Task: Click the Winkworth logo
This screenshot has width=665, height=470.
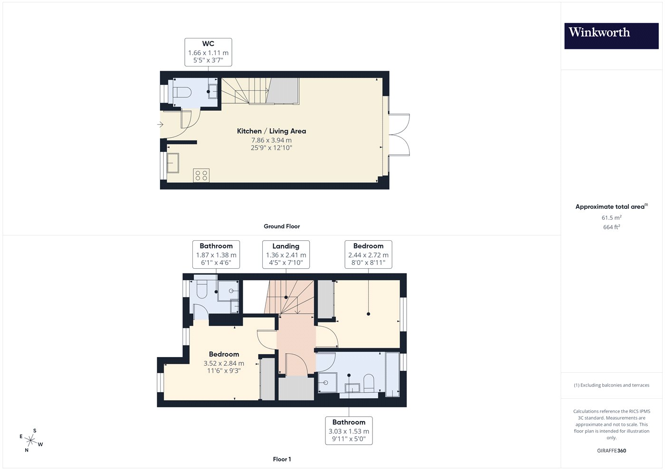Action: (x=611, y=36)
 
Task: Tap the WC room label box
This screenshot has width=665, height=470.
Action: (x=208, y=52)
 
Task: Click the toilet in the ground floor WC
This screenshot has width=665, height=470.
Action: (x=181, y=92)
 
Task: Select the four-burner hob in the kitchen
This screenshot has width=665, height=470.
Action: (x=201, y=175)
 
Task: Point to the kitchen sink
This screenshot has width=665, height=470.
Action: (x=172, y=162)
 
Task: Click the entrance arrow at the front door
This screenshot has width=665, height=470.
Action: (x=161, y=124)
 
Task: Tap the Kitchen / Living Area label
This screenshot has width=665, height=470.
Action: (x=271, y=131)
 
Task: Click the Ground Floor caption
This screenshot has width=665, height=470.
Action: (x=282, y=226)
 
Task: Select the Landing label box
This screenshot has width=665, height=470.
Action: (x=286, y=254)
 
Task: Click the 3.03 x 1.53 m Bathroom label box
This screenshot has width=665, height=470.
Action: (x=349, y=431)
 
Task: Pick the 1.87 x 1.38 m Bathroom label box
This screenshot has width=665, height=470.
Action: (x=216, y=254)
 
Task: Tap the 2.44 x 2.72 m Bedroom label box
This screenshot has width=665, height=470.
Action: (x=369, y=254)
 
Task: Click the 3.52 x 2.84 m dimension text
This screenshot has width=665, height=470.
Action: (x=224, y=363)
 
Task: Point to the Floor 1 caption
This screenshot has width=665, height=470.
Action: (x=282, y=460)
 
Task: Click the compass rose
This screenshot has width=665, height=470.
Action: (x=31, y=441)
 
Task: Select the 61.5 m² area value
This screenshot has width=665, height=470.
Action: (x=612, y=217)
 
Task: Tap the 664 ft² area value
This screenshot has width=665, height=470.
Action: (x=612, y=227)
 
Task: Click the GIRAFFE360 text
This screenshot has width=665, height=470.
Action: (x=612, y=451)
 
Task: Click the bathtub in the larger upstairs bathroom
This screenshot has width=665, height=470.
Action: (x=392, y=375)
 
